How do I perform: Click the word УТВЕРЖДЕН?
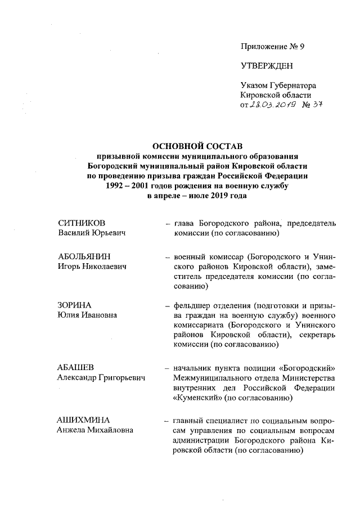pos(267,66)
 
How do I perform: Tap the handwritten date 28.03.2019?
pos(274,105)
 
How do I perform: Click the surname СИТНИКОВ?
pos(82,223)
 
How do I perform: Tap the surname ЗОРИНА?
pos(74,305)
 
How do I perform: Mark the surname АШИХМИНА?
pos(83,420)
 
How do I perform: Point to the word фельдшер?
pos(194,306)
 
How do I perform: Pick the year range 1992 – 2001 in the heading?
pos(134,185)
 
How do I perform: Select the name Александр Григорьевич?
pos(101,378)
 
